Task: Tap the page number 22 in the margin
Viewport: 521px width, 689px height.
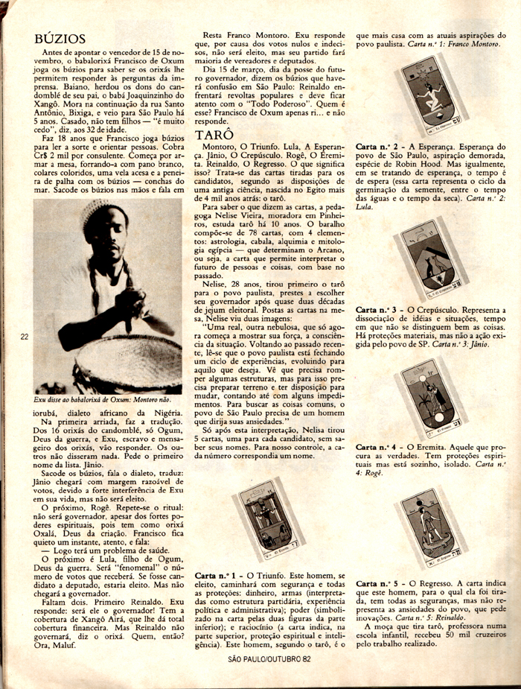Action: (25, 337)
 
